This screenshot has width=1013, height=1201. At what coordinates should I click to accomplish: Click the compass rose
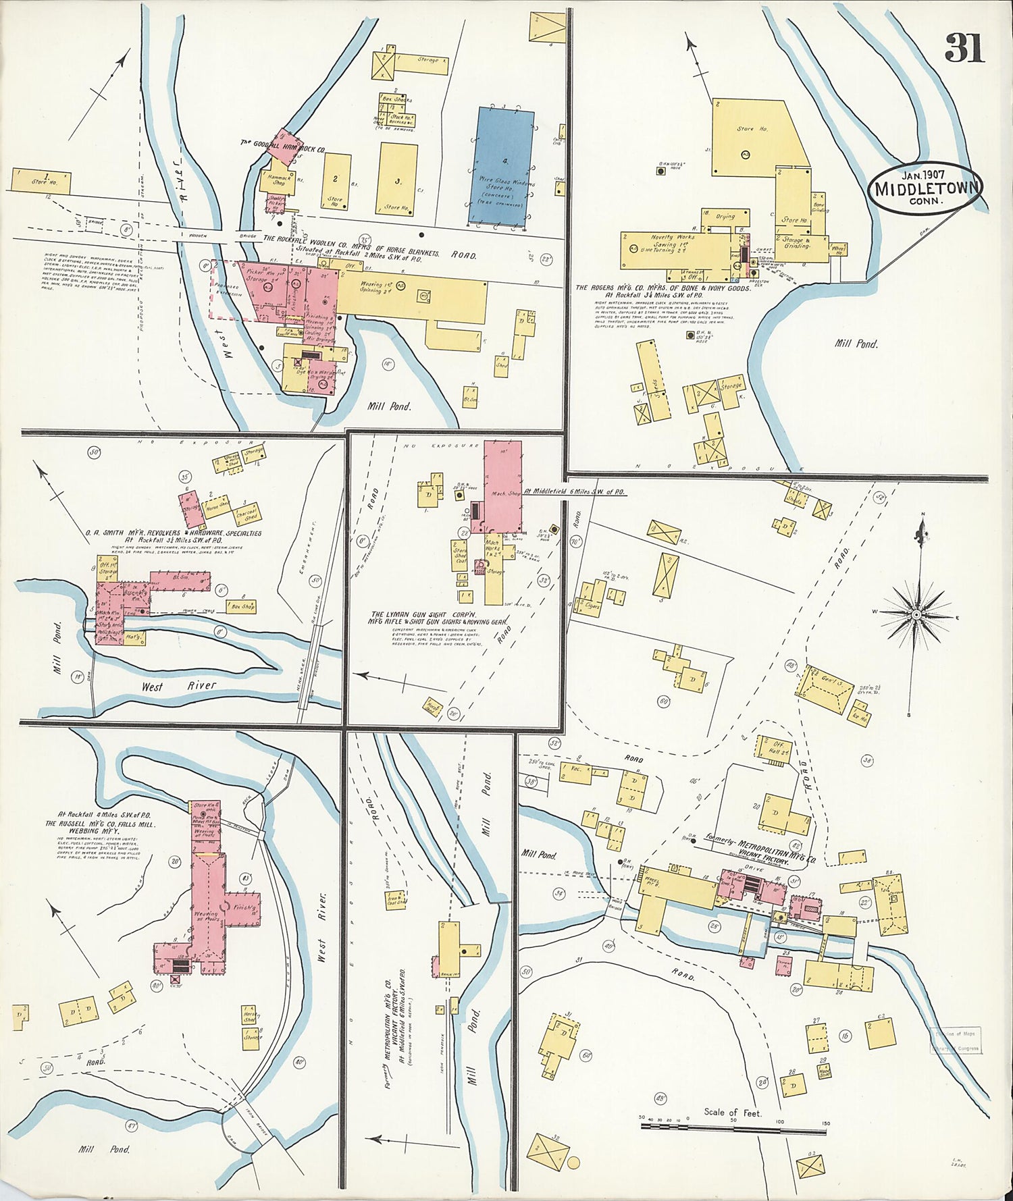tap(916, 614)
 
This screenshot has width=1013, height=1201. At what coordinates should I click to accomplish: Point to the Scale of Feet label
tap(732, 1112)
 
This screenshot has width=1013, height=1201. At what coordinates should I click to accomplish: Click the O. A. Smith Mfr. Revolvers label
tap(173, 533)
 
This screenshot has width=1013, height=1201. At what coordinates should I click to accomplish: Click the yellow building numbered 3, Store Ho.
tap(397, 180)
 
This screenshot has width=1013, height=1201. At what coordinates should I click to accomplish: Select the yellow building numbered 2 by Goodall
tap(336, 180)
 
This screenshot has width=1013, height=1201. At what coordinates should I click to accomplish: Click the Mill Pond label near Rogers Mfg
tap(856, 344)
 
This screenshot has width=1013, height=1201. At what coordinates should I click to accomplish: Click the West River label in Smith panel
tap(179, 685)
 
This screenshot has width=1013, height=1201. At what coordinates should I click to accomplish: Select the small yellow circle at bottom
tap(573, 1163)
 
